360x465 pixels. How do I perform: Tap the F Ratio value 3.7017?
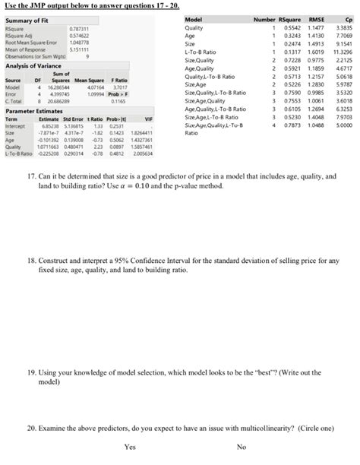(x=118, y=86)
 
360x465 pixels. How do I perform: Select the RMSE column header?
(x=318, y=18)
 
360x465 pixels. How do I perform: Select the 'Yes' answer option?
(x=130, y=446)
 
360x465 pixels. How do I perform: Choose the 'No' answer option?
(x=241, y=446)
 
